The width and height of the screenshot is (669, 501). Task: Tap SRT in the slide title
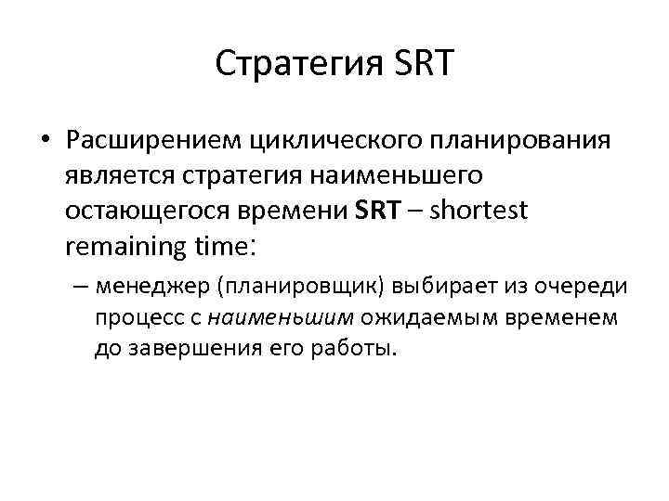pyautogui.click(x=423, y=64)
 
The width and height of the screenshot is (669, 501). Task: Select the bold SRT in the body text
pyautogui.click(x=380, y=211)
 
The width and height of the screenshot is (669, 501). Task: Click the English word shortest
pyautogui.click(x=480, y=211)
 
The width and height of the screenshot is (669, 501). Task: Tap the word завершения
pyautogui.click(x=200, y=349)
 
